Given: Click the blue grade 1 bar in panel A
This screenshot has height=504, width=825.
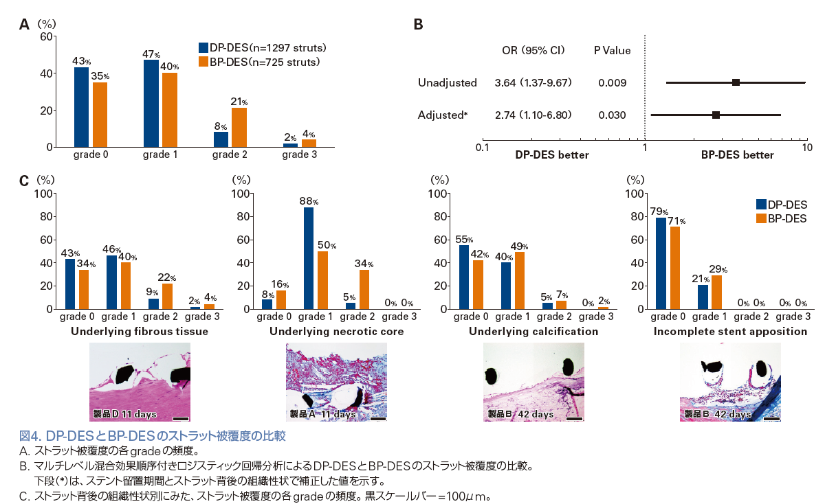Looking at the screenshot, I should [151, 104].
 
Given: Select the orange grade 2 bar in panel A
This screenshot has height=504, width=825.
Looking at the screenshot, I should [239, 128].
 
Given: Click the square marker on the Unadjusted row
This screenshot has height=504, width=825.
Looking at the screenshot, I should [736, 82].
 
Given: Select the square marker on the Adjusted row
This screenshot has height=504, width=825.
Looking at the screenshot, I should [716, 115].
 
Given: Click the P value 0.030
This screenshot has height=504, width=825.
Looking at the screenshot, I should [612, 115].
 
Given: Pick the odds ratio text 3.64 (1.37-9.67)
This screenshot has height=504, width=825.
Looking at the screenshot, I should [533, 82].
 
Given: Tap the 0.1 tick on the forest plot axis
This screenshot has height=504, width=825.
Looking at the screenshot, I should [483, 147].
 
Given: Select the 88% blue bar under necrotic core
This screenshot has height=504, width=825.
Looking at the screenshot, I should [308, 258].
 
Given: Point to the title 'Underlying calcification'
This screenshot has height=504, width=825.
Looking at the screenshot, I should [533, 331].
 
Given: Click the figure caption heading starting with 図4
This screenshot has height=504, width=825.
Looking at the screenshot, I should [152, 435].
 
